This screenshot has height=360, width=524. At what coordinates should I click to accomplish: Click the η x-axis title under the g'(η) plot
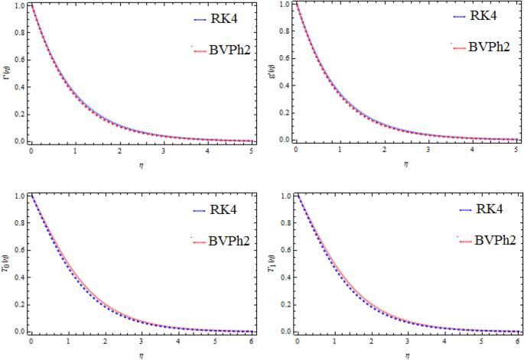tap(406, 163)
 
